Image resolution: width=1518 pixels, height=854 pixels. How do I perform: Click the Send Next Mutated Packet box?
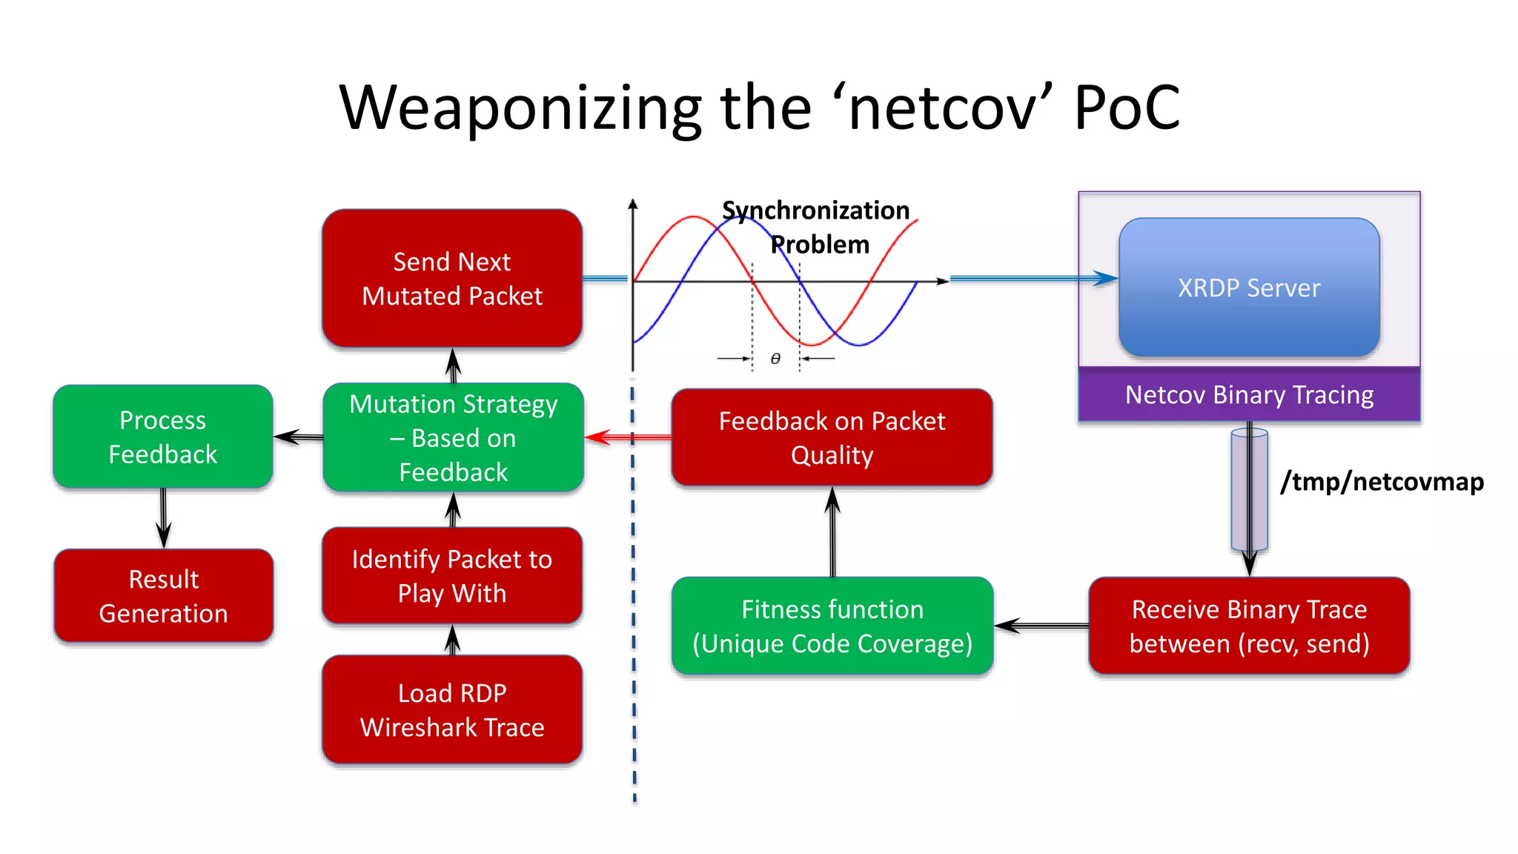(452, 279)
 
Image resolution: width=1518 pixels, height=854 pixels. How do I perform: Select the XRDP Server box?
(1249, 288)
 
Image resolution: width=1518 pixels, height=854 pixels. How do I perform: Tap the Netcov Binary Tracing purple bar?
(1249, 395)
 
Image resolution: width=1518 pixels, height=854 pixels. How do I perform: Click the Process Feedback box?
(163, 437)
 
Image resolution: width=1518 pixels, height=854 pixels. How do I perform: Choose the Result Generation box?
(164, 596)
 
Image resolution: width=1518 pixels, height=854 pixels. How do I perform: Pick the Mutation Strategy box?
(454, 437)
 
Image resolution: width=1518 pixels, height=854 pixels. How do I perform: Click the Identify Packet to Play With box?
(452, 576)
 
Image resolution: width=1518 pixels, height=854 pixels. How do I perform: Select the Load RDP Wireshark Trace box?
(452, 709)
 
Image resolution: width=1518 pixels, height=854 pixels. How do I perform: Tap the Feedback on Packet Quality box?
(832, 437)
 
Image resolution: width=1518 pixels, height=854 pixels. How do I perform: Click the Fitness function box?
(832, 626)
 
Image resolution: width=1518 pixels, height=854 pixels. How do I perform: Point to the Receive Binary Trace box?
(1249, 626)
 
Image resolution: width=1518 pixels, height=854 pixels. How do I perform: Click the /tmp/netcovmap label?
(1382, 482)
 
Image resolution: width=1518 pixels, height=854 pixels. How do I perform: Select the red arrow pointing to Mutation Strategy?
(627, 437)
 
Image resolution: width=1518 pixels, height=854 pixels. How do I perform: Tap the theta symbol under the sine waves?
(775, 359)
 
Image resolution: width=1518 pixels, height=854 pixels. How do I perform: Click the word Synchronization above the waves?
(815, 211)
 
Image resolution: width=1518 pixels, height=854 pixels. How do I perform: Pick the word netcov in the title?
(942, 108)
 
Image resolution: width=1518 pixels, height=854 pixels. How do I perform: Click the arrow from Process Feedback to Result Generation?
(163, 518)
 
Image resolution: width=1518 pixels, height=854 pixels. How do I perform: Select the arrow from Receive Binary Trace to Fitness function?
(1041, 626)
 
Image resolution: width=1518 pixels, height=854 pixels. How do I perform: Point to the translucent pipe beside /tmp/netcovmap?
(1249, 489)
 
